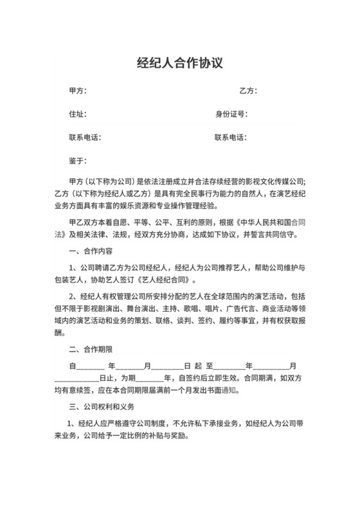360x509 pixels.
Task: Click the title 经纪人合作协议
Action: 179,63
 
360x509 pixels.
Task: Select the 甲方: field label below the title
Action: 77,91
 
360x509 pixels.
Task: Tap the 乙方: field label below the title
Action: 248,91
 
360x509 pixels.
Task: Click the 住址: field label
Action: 77,114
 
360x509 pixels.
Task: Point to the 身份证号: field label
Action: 231,114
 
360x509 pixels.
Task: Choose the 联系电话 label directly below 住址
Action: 85,138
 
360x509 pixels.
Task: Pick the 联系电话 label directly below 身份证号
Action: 231,138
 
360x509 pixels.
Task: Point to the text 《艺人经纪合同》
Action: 164,280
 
